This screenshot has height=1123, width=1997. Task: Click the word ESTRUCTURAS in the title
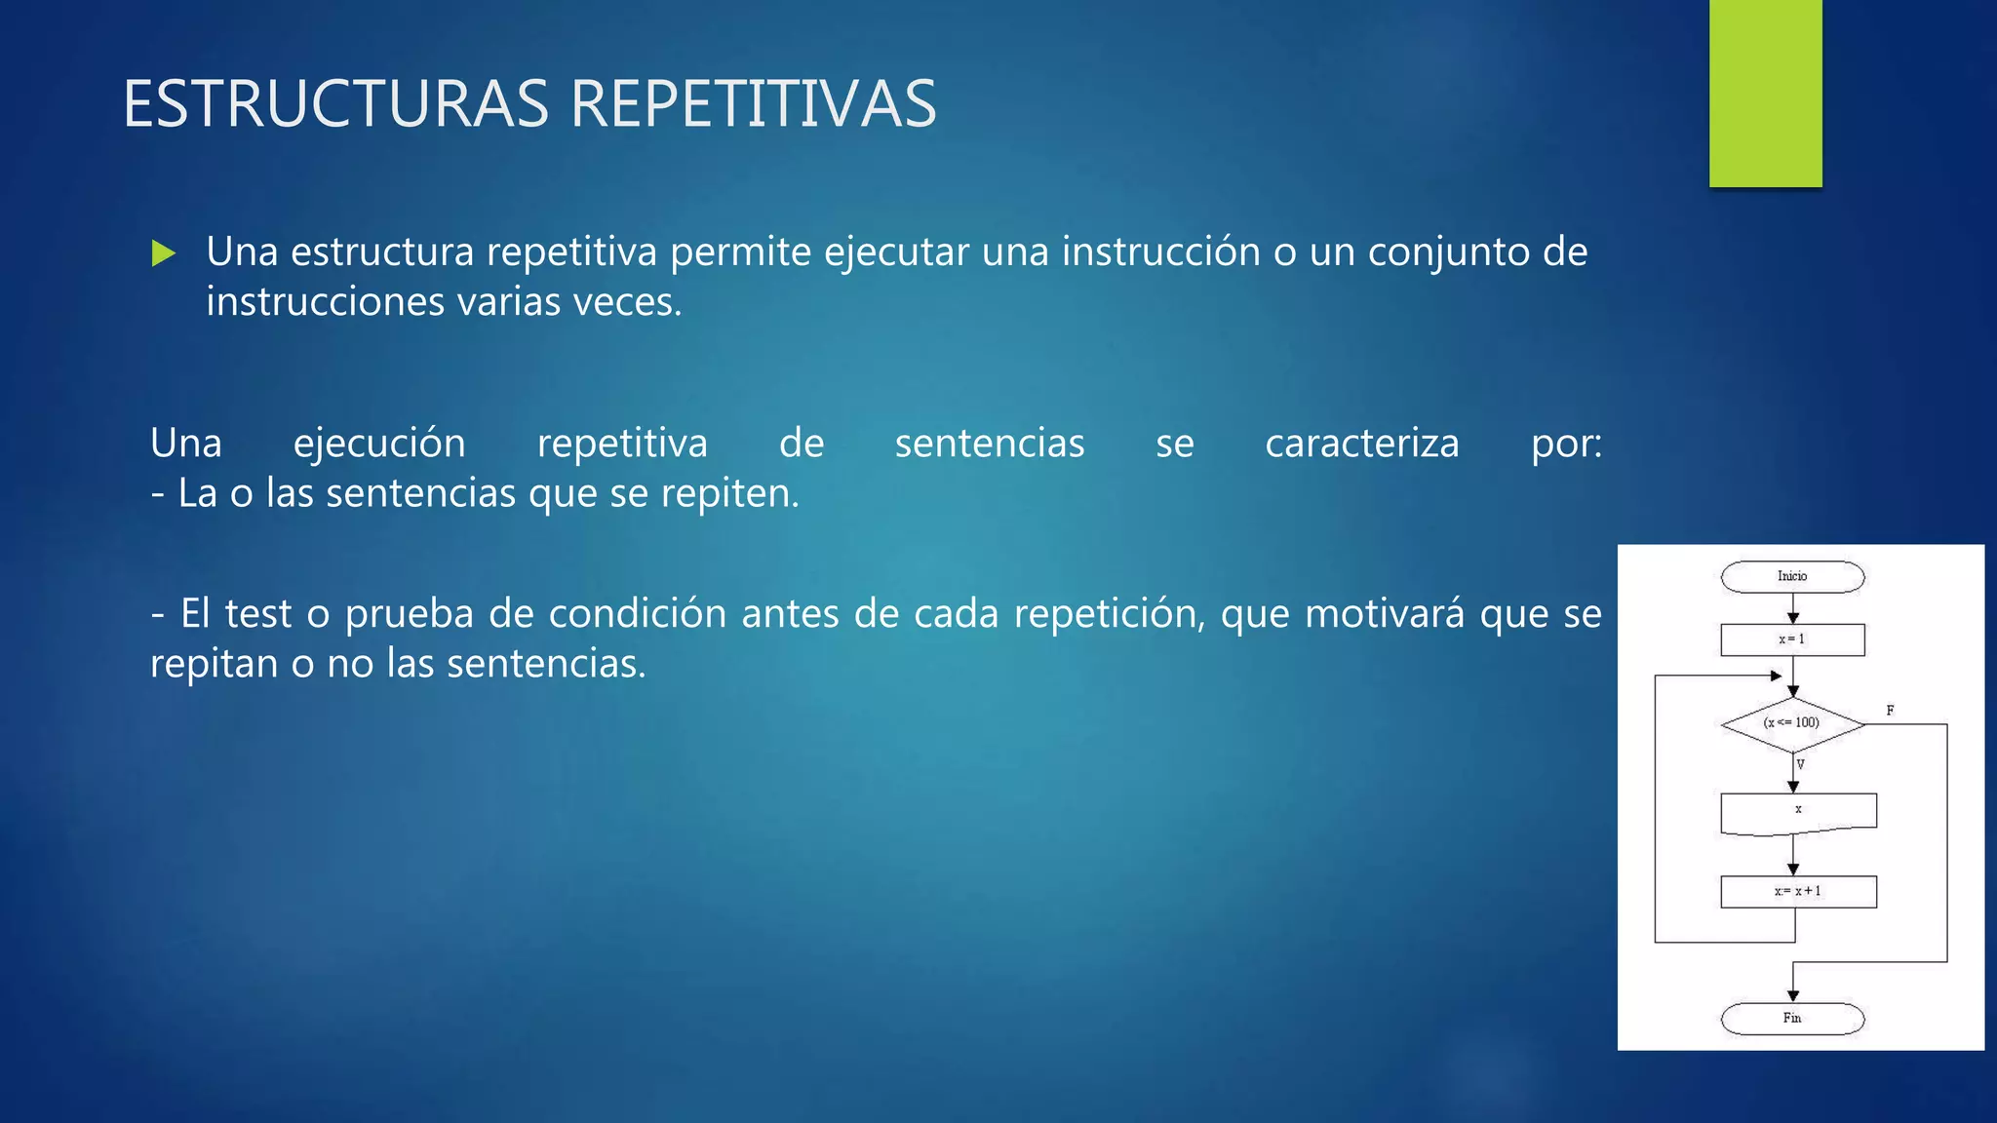click(335, 103)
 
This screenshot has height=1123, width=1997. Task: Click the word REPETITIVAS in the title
click(753, 103)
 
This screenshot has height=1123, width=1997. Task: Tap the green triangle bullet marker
click(164, 253)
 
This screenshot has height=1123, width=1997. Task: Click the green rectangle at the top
click(1765, 93)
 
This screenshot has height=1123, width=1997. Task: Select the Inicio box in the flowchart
click(1792, 577)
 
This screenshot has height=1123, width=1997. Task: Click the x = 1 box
click(1792, 639)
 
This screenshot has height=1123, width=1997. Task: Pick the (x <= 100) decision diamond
click(1792, 723)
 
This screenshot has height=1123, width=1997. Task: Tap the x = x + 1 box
click(1798, 891)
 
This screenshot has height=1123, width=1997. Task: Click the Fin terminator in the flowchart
click(1792, 1019)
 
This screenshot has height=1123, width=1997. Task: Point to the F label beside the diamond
click(1890, 710)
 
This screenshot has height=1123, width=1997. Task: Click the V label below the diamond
click(1801, 764)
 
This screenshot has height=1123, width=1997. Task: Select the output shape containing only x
click(1798, 812)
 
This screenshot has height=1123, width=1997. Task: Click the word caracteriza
click(1362, 444)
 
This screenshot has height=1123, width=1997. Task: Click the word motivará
click(1385, 614)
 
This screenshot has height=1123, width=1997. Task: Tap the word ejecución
click(379, 444)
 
